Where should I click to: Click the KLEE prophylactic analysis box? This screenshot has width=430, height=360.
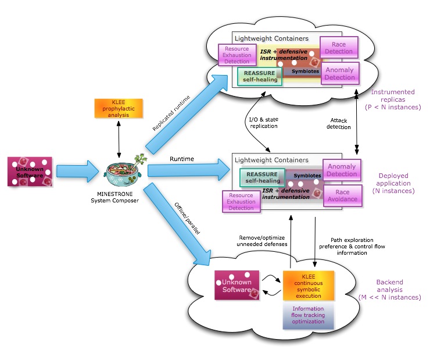pos(119,108)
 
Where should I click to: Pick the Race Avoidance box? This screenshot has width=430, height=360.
pos(342,195)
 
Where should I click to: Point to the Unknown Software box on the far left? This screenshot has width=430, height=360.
pos(30,171)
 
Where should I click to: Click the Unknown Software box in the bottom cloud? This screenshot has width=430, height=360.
pos(236,285)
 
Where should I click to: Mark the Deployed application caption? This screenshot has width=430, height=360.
pos(393,183)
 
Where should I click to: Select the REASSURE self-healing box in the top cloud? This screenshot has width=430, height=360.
pos(260,76)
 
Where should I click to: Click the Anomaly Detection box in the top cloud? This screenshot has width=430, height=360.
pos(340,73)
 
